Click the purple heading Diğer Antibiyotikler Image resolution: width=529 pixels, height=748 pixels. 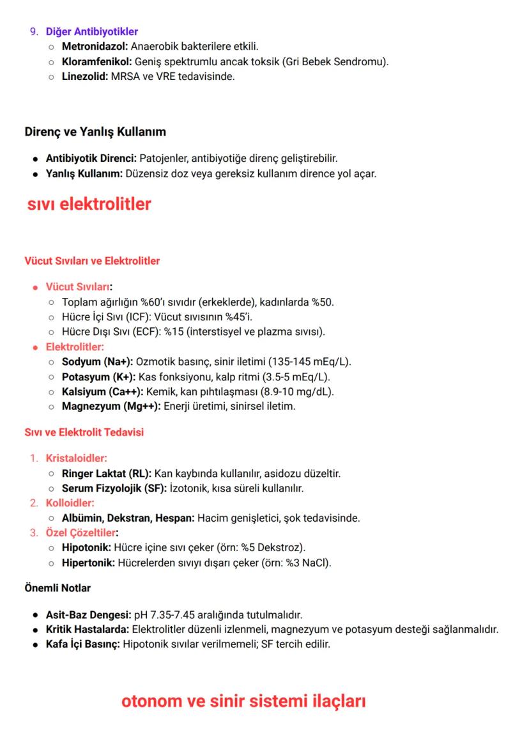(91, 31)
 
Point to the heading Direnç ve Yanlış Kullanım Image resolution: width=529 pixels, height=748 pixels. (95, 132)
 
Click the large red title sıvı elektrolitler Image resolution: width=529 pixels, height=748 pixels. (89, 204)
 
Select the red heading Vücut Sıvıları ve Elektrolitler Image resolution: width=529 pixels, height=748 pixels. (92, 261)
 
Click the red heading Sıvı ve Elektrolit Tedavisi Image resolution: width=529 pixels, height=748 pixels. (84, 432)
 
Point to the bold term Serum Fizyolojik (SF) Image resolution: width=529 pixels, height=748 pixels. (114, 488)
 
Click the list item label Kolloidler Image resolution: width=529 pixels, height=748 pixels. (70, 503)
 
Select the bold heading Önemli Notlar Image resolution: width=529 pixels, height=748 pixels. (57, 588)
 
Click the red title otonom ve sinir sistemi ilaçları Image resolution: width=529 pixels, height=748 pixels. (243, 701)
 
